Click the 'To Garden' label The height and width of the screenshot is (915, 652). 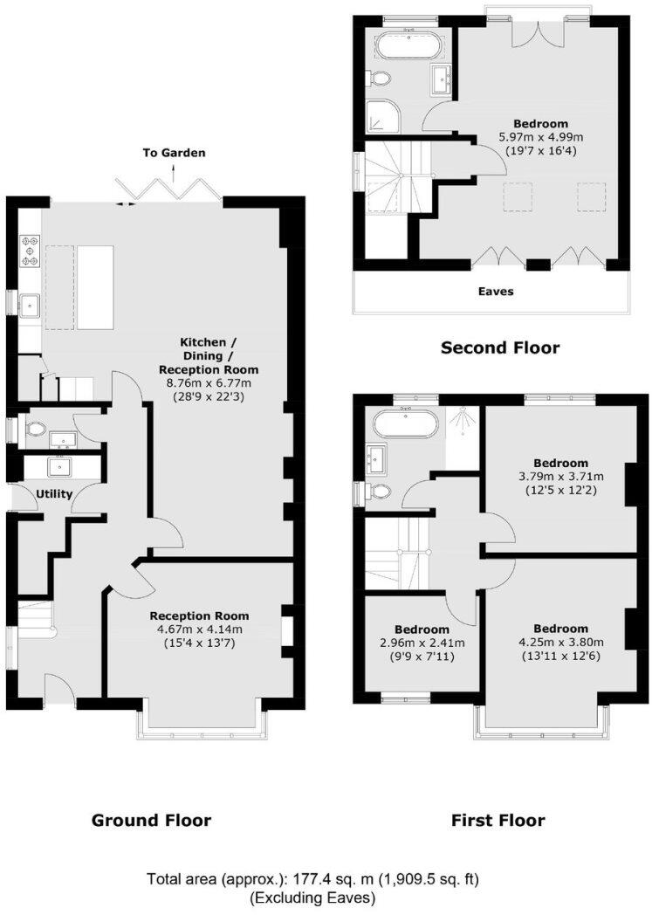[175, 153]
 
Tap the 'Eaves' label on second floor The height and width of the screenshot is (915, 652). [496, 291]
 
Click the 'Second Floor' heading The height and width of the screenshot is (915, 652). [499, 347]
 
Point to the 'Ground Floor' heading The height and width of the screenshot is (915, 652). [151, 820]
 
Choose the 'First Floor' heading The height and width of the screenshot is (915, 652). [498, 820]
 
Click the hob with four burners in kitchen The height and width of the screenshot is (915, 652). [29, 250]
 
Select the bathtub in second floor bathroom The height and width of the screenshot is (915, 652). [409, 44]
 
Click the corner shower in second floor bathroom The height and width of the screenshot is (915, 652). [380, 114]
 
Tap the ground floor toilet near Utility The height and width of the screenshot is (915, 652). [35, 430]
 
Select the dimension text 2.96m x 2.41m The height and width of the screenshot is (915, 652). [422, 643]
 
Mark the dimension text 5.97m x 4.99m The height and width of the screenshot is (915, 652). [540, 137]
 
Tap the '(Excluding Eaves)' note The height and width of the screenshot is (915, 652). [313, 897]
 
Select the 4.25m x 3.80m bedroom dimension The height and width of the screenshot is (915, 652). [561, 643]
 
